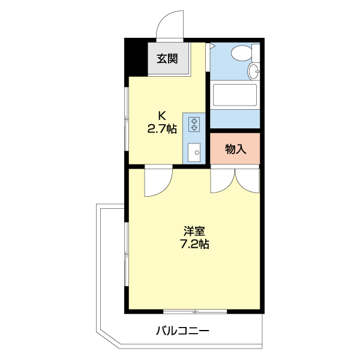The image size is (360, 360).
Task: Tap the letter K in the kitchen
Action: click(162, 115)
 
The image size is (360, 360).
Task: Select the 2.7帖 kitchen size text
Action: click(162, 128)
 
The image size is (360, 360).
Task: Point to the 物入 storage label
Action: click(235, 149)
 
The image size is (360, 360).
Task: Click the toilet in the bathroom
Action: click(242, 53)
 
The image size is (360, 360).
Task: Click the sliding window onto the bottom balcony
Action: click(195, 311)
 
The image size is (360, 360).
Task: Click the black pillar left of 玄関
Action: click(137, 59)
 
